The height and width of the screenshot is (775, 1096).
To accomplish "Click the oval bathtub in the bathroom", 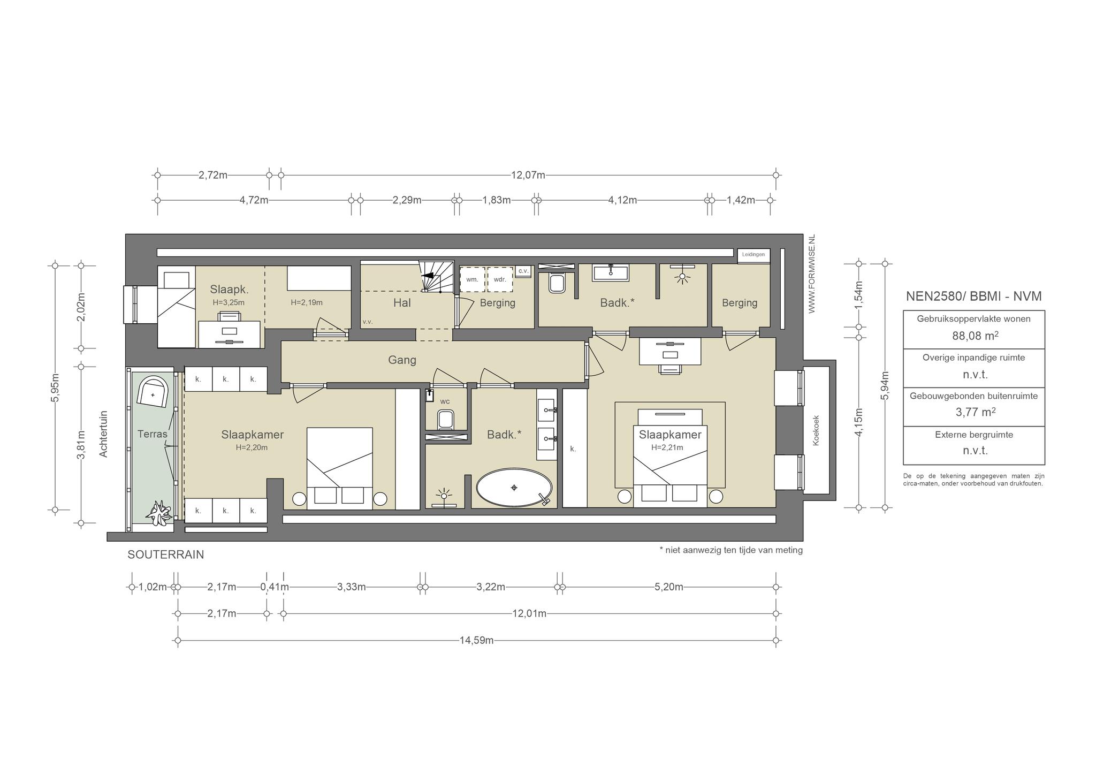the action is click(x=514, y=488).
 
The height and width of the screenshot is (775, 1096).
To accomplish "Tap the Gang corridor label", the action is click(x=402, y=360).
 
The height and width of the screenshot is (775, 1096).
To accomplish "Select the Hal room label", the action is click(x=402, y=303).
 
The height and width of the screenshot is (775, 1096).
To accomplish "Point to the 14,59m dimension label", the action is click(x=476, y=640).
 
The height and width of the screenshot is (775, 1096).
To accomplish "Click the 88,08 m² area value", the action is click(x=975, y=336).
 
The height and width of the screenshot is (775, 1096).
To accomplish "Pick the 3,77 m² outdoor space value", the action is click(x=975, y=412).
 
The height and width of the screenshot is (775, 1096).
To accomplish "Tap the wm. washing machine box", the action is click(x=472, y=279).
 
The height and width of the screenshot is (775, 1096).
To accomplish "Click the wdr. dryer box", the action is click(x=500, y=279).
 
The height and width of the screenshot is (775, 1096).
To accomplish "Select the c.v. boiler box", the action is click(x=523, y=271).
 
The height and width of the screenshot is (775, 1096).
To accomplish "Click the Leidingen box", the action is click(x=753, y=255).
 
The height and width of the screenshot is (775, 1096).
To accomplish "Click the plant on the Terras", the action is click(x=159, y=512).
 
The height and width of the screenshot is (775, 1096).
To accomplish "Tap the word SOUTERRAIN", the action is click(x=166, y=555).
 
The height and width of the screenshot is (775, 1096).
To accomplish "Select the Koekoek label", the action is click(x=816, y=430).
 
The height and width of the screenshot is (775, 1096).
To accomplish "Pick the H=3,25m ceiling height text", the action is click(x=229, y=302).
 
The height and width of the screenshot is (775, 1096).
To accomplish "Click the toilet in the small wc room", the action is click(x=445, y=419).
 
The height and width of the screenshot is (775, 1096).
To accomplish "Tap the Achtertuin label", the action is click(x=104, y=434).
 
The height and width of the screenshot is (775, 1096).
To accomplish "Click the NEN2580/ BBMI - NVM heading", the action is click(x=974, y=297).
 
